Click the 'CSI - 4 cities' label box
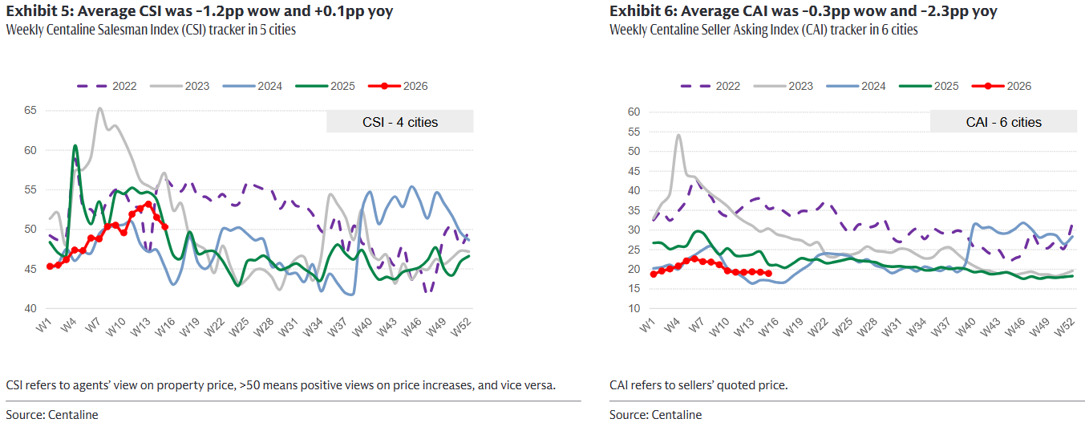point(399,122)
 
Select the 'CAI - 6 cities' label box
point(1003,122)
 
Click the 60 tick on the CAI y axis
point(633,112)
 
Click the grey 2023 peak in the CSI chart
point(99,108)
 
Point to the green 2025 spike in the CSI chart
point(75,146)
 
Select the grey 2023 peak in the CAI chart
point(678,135)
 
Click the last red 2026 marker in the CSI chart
point(164,226)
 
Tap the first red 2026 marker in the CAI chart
point(654,274)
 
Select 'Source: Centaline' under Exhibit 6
point(655,415)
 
